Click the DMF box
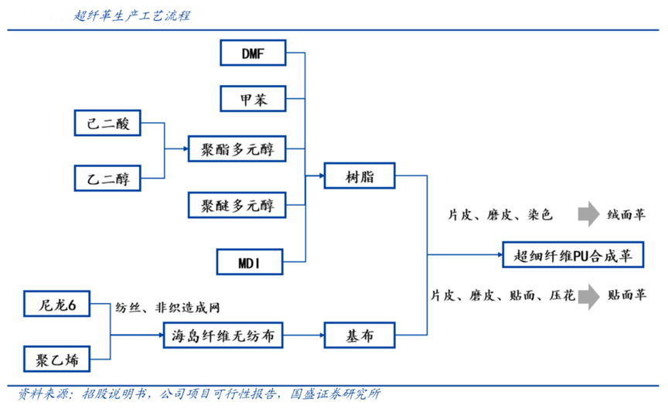coord(253,53)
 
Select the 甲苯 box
coord(253,100)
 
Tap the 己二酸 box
coord(107,123)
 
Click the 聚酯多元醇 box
coord(237,147)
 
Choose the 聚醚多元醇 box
coord(237,205)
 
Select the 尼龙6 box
coord(57,305)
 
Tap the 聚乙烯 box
coord(57,360)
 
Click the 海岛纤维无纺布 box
coord(223,336)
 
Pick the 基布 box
coord(360,336)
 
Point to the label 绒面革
coord(626,215)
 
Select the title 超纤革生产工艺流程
coord(132,15)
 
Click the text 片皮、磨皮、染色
coord(501,215)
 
